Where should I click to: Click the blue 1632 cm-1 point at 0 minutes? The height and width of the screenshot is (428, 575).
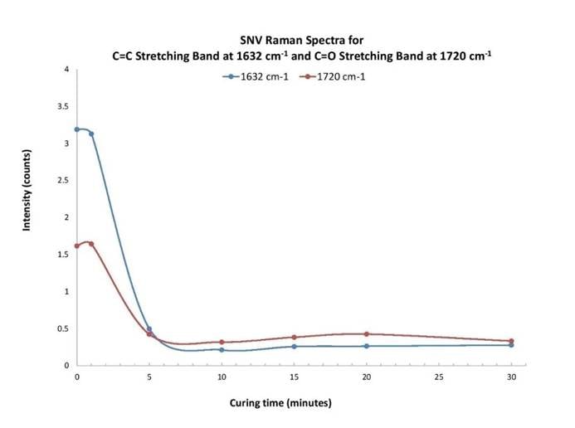point(77,129)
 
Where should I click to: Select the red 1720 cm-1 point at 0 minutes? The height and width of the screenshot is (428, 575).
point(77,246)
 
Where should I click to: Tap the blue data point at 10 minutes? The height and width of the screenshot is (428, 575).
point(222,349)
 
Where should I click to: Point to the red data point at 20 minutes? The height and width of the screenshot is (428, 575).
point(367,333)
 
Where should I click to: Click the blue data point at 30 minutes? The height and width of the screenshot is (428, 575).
point(511,345)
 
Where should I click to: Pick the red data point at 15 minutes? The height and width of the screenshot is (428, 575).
point(295,337)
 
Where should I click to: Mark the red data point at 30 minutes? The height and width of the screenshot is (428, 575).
point(511,341)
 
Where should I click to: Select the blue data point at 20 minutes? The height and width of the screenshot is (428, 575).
point(367,346)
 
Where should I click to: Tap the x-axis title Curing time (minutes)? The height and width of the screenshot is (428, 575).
point(280,403)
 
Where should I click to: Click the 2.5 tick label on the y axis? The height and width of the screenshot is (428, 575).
point(63,180)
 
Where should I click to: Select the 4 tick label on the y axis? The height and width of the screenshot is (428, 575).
point(66,69)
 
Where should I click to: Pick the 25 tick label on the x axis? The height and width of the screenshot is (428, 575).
point(439,377)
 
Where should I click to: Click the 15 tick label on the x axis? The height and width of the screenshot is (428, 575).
point(295,377)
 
